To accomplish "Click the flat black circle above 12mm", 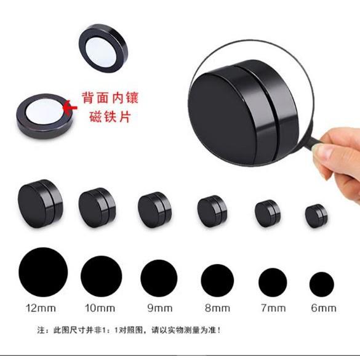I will pyautogui.click(x=42, y=271).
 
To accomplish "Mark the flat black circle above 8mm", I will pyautogui.click(x=217, y=279).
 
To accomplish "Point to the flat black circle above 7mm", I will pyautogui.click(x=273, y=282).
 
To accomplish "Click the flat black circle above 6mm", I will pyautogui.click(x=322, y=284).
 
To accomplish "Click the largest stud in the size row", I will pyautogui.click(x=40, y=204).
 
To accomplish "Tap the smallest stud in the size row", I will pyautogui.click(x=316, y=215).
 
